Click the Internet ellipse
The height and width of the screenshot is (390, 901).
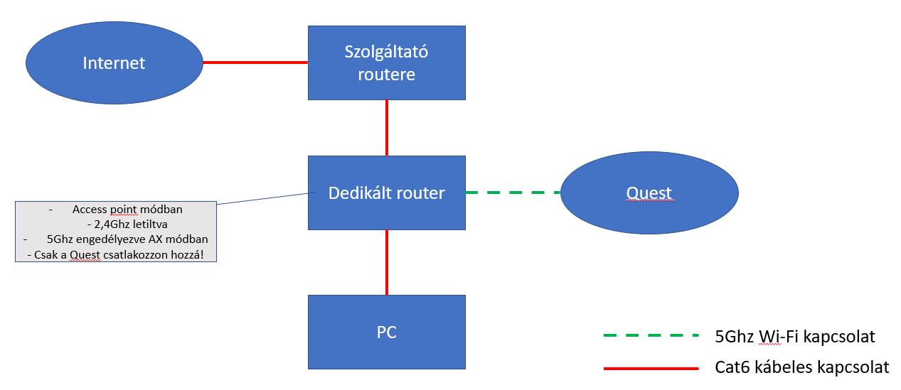pos(114,63)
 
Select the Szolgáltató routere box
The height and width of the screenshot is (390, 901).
pos(386,63)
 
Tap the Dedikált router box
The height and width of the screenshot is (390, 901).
pos(386,193)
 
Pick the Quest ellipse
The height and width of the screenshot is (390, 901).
pos(649,193)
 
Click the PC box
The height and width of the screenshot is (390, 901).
pos(386,332)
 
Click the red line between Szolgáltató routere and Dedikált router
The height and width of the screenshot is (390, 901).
pos(387,127)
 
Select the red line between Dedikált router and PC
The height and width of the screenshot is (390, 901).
pos(387,262)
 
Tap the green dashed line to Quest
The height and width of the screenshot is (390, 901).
pos(512,192)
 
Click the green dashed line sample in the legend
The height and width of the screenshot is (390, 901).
pos(650,336)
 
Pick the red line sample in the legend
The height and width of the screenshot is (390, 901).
pos(650,368)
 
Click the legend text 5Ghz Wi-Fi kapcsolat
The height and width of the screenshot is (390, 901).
pos(794,337)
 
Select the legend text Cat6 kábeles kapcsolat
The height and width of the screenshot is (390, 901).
pos(801,367)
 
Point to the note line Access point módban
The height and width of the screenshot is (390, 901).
pos(127,210)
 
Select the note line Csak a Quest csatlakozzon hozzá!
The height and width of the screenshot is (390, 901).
pos(119,254)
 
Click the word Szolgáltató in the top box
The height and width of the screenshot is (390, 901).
pos(386,52)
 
